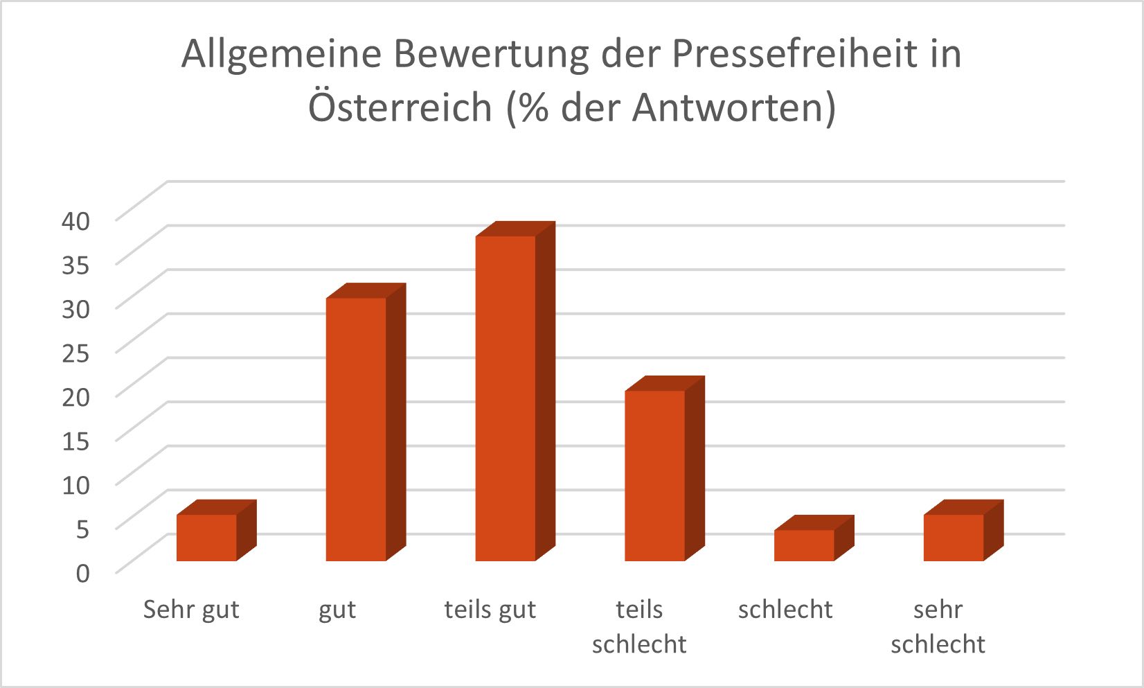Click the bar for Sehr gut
tap(206, 538)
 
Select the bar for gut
tap(356, 429)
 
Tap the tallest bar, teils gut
tap(506, 398)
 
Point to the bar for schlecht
tap(804, 545)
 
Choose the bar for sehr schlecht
tap(954, 538)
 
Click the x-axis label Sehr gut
tap(191, 610)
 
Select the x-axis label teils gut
tap(490, 610)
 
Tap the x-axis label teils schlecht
tap(639, 627)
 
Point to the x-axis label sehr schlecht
tap(938, 627)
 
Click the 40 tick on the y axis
tap(76, 221)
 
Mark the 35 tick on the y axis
tap(76, 265)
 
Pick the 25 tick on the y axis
tap(76, 353)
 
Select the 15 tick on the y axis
tap(76, 441)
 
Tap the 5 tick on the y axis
tap(82, 529)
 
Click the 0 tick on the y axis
tap(82, 573)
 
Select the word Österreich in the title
tap(400, 107)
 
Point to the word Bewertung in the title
tap(491, 54)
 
